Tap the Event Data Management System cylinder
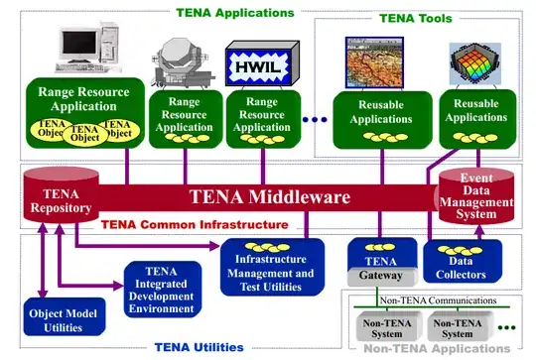tap(476, 194)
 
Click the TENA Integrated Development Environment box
tap(161, 288)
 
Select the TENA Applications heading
tap(234, 13)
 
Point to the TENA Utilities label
tap(198, 348)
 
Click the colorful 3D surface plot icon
tap(474, 63)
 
